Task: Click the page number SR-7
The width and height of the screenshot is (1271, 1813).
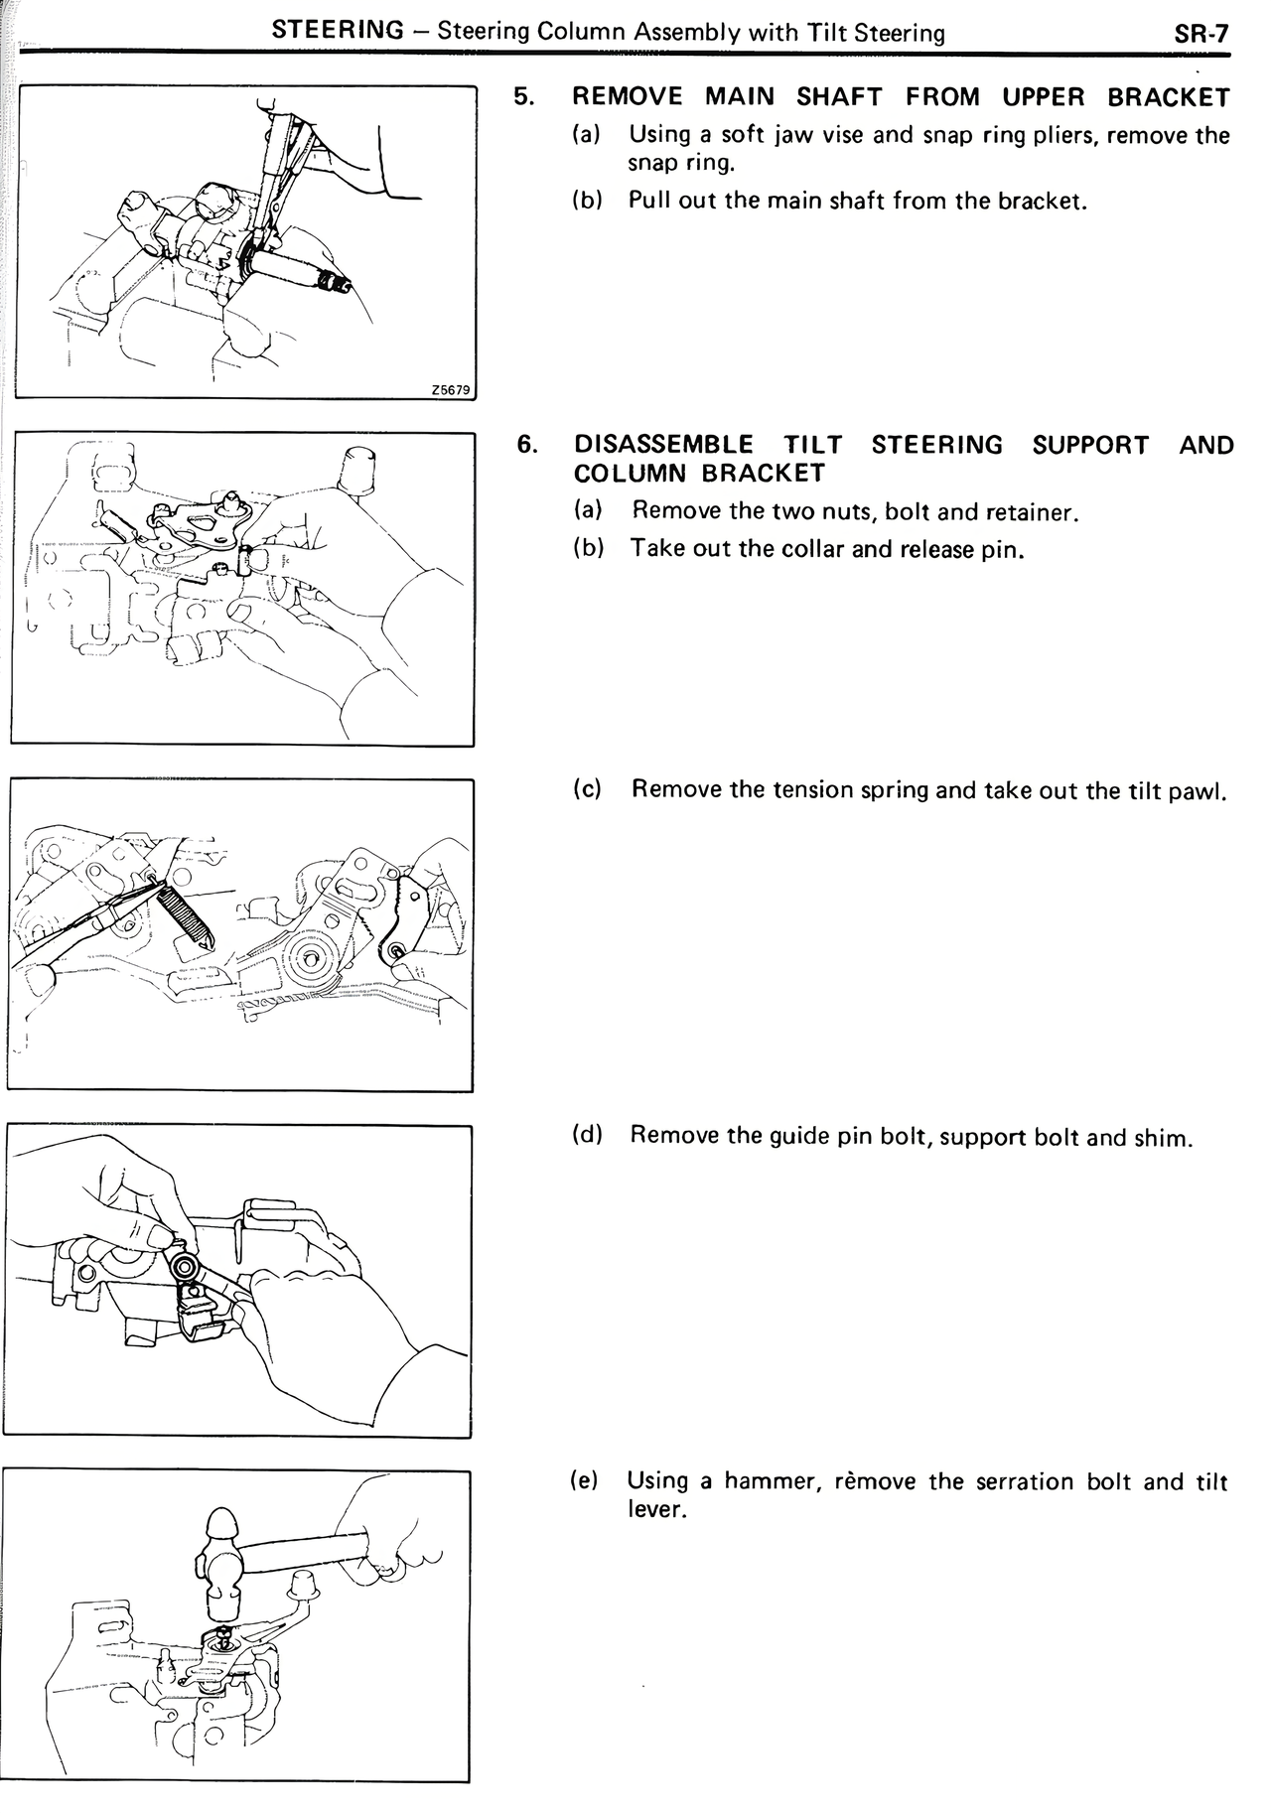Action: pyautogui.click(x=1201, y=33)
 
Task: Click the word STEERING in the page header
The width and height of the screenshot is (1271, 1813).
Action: pyautogui.click(x=338, y=31)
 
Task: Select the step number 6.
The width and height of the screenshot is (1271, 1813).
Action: pyautogui.click(x=527, y=445)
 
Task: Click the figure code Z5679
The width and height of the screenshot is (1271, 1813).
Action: pyautogui.click(x=450, y=390)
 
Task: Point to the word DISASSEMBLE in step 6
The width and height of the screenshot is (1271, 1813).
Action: pyautogui.click(x=663, y=445)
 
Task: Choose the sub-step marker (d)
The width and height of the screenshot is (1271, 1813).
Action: pyautogui.click(x=588, y=1135)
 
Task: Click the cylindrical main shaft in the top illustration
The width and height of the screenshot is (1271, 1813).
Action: pyautogui.click(x=288, y=266)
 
